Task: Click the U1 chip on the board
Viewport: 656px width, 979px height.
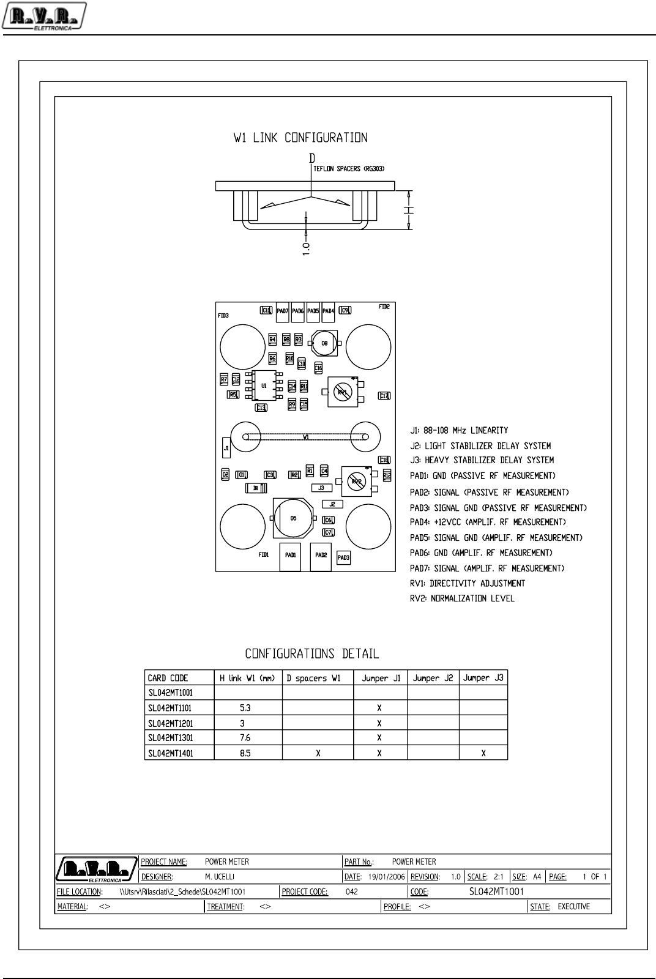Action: [264, 386]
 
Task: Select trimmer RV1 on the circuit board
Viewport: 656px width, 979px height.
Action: [342, 392]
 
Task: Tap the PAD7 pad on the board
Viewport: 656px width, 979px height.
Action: [282, 311]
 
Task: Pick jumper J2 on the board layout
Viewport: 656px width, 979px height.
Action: [332, 504]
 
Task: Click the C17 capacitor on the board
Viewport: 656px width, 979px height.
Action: [384, 396]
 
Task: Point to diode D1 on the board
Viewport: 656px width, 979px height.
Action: [256, 488]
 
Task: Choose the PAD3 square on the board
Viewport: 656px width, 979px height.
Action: [343, 557]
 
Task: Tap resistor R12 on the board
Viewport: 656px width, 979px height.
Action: [387, 475]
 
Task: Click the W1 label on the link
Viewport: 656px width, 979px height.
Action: [306, 437]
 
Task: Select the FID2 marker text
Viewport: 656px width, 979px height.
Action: [384, 307]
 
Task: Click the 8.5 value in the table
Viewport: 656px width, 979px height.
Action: [245, 753]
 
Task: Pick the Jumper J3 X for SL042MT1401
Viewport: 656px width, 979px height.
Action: [483, 753]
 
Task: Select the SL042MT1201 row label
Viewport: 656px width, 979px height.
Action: [170, 723]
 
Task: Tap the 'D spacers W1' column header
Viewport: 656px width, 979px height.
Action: [313, 678]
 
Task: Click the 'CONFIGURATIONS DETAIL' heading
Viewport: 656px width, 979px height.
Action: [312, 653]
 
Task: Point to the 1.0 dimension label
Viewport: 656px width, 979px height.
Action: [307, 248]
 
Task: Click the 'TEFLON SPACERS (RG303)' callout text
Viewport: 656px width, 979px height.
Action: [349, 169]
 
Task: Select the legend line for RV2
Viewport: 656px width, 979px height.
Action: [462, 598]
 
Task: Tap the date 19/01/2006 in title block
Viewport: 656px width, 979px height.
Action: [386, 877]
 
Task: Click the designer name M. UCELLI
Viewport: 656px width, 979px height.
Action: [220, 877]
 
